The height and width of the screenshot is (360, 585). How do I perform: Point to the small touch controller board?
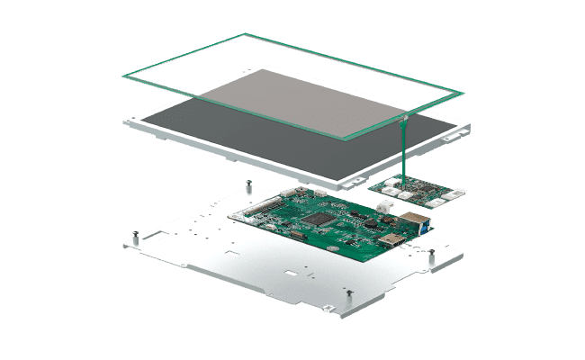pos(418,191)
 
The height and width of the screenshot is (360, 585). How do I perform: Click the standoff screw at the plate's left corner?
pos(133,237)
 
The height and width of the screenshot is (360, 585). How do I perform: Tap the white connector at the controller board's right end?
pos(457,194)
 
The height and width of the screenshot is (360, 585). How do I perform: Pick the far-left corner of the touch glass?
pos(122,78)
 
